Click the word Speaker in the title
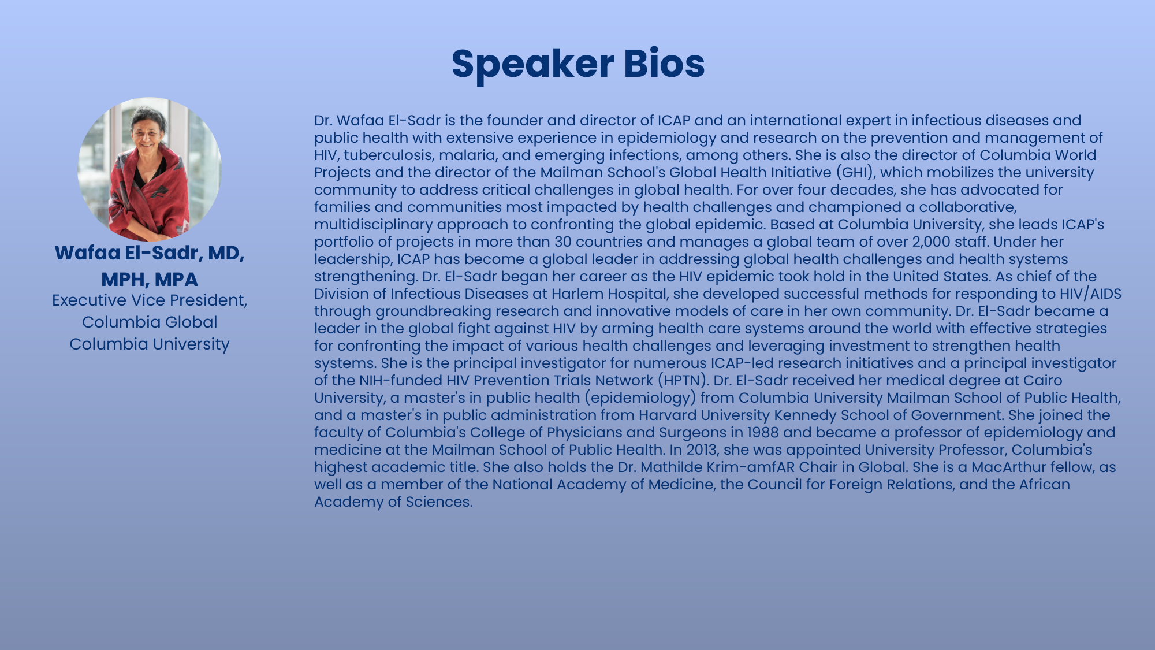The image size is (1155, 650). (x=532, y=64)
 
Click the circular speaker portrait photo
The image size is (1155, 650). (x=150, y=169)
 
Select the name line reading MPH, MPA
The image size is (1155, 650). (x=150, y=279)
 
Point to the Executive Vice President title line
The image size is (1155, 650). (x=150, y=300)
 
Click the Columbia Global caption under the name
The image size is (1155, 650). (x=150, y=322)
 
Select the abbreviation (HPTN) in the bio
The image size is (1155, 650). (x=681, y=380)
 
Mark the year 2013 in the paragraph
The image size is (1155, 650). (x=702, y=450)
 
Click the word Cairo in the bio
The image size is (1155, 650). (x=1042, y=380)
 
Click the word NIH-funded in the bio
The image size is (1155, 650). (x=401, y=380)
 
